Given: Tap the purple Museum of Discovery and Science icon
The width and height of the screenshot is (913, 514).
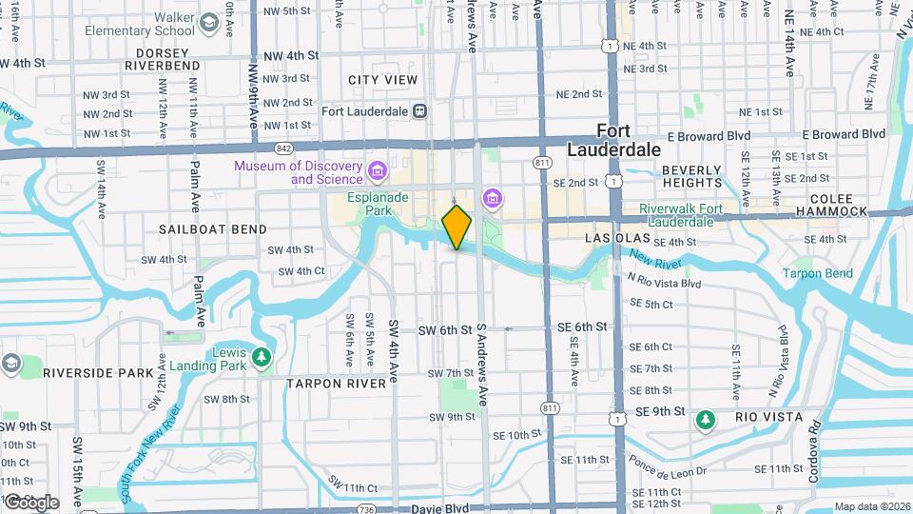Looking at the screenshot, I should [x=378, y=172].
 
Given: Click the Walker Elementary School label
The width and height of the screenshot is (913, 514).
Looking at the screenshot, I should [x=140, y=24].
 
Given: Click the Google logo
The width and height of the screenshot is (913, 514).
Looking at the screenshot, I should [x=31, y=502].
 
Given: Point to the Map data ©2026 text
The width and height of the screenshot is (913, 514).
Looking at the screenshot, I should [x=871, y=506].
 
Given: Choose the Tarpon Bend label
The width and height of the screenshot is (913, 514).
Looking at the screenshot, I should [x=817, y=273].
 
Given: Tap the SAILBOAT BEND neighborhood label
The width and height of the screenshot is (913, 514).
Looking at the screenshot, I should [x=213, y=229].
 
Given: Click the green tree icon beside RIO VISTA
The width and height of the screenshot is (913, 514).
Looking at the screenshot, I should [x=705, y=418].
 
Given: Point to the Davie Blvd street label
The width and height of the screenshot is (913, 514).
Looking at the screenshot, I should [x=438, y=509].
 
